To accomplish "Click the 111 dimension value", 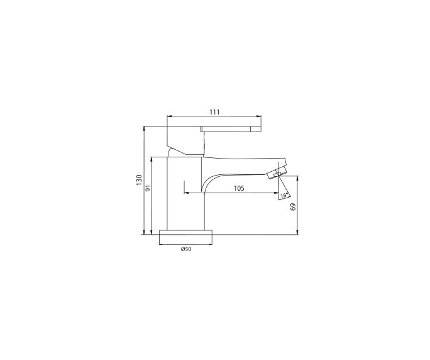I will tap(214, 112).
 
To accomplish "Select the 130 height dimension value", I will tap(139, 181).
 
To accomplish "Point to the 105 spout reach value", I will tap(239, 188).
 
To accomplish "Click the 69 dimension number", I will tap(293, 206).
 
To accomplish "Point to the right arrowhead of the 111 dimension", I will tap(259, 117).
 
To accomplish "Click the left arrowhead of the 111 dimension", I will tap(168, 117).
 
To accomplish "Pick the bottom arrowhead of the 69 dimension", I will tap(298, 232).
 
